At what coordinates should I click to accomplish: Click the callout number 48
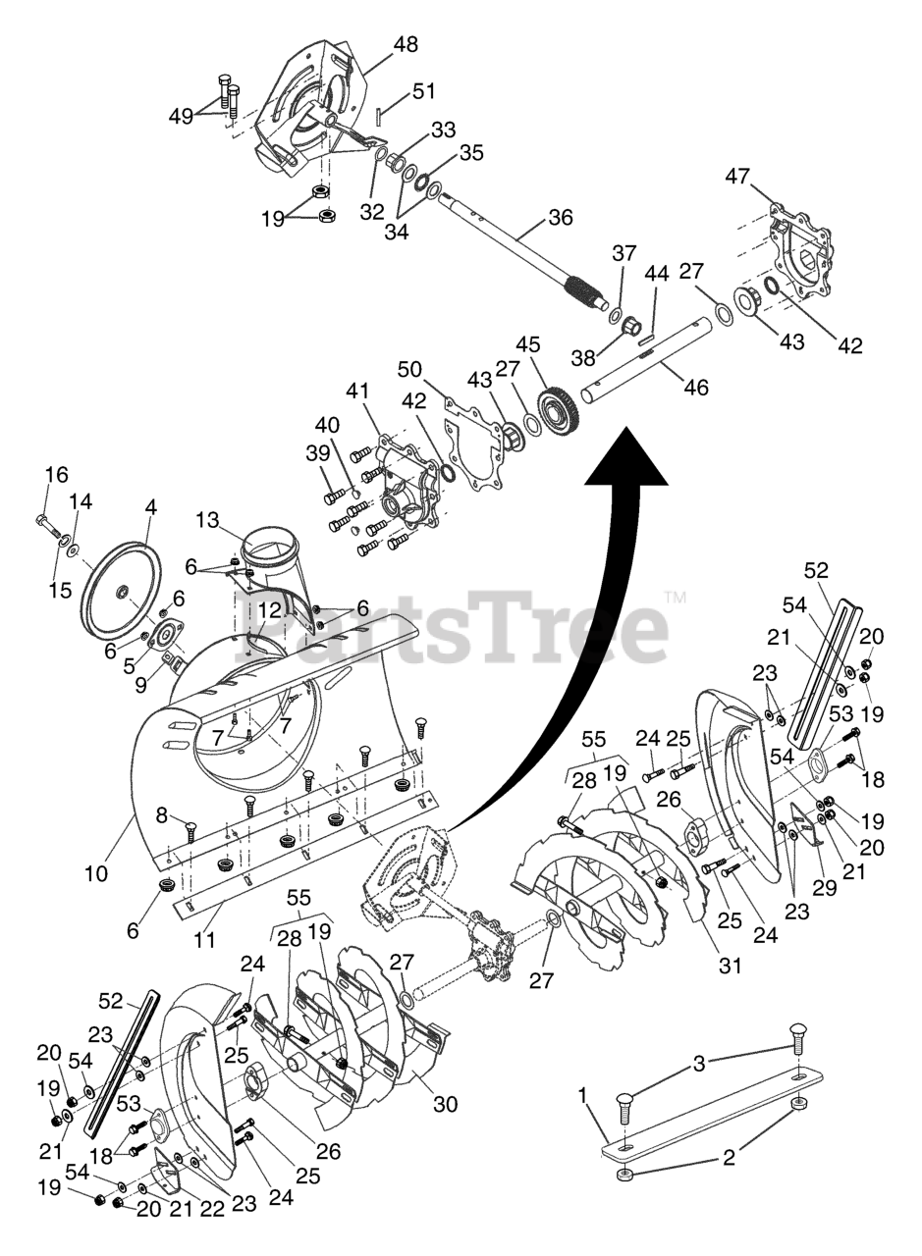click(x=405, y=44)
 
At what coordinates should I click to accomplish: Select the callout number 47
click(x=738, y=177)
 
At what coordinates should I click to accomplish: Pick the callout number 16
click(x=57, y=475)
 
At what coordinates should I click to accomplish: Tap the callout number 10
click(x=95, y=872)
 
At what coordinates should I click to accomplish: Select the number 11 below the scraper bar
click(x=203, y=939)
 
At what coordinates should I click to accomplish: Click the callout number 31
click(x=729, y=965)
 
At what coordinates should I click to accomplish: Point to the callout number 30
click(x=445, y=1104)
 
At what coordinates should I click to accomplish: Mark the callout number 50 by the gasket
click(x=409, y=370)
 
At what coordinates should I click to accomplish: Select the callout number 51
click(x=423, y=91)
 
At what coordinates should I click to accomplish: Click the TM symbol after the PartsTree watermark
click(x=675, y=597)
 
